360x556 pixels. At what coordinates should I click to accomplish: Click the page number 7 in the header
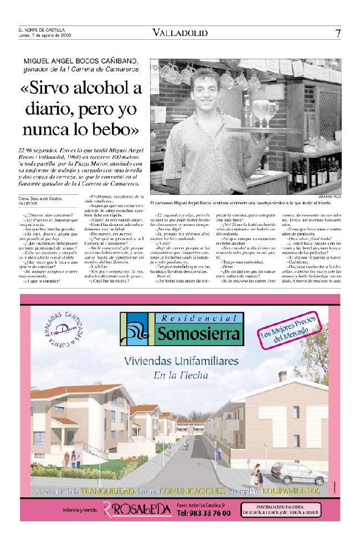(x=338, y=33)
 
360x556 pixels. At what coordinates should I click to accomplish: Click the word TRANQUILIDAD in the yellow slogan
(x=109, y=491)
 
